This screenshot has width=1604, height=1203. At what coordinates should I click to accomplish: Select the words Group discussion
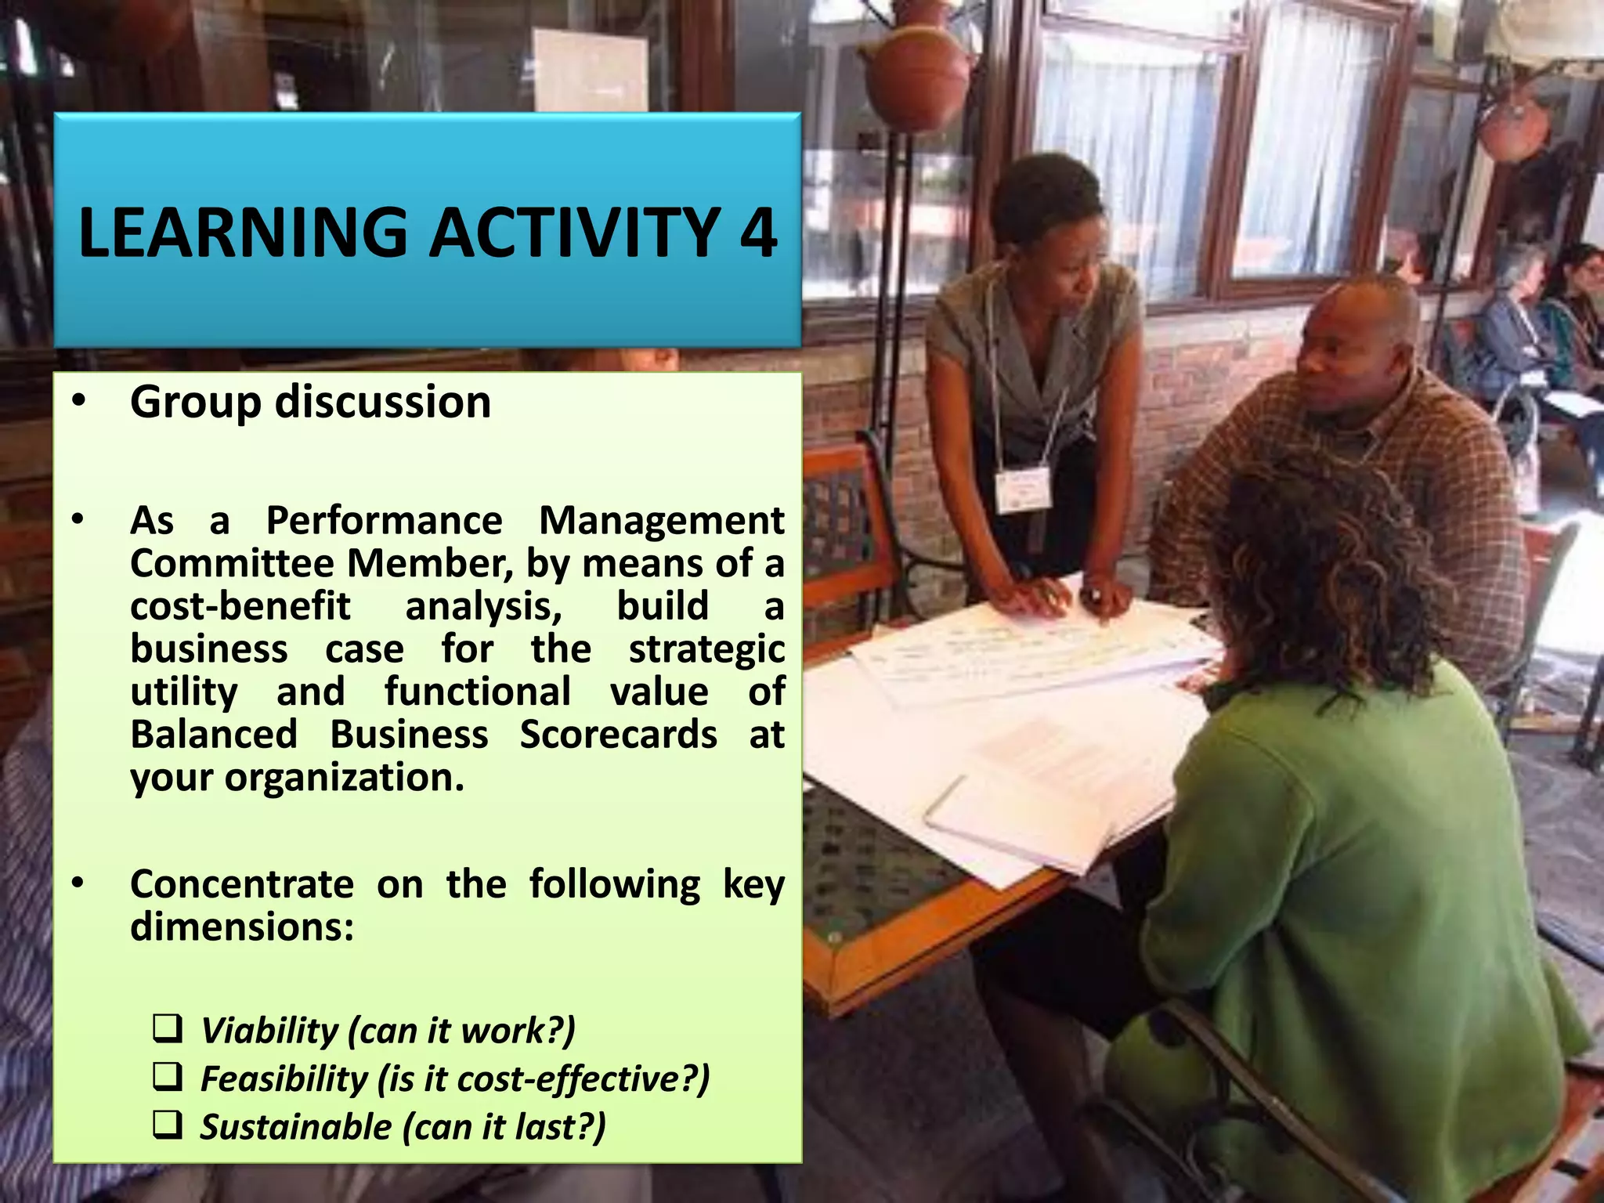pos(310,402)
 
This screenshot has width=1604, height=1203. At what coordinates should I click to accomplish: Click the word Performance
pos(384,521)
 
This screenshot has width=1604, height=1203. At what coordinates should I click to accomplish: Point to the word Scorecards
pos(618,735)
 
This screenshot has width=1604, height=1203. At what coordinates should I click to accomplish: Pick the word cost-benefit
pos(240,606)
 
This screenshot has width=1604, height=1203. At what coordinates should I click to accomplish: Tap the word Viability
pos(269,1031)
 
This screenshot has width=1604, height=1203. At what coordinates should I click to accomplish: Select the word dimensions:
pos(242,927)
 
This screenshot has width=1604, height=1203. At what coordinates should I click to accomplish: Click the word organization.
pos(345,778)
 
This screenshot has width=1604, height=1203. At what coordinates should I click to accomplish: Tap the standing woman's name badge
pos(1022,490)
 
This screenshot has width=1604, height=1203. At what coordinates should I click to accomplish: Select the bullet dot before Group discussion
pos(78,400)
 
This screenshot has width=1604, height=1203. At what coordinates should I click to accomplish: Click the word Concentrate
pos(242,884)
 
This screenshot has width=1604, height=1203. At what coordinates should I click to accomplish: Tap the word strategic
pos(706,649)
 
